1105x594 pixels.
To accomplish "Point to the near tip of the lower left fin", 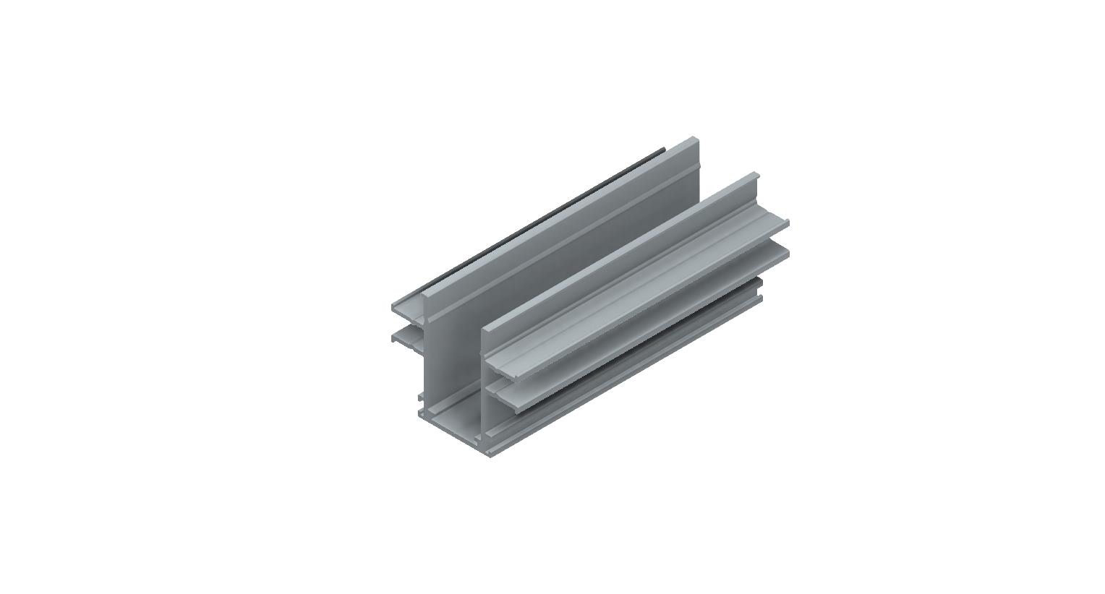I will tap(395, 337).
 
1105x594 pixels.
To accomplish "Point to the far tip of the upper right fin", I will tap(787, 223).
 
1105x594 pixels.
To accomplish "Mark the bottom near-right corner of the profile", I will tap(491, 455).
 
